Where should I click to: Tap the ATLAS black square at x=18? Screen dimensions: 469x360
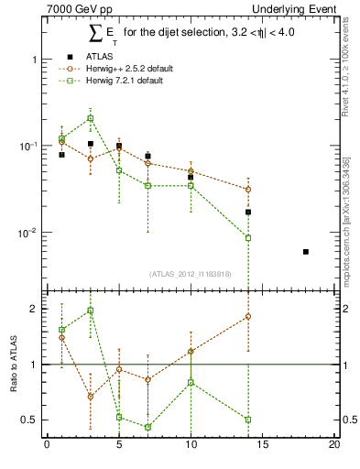[305, 252]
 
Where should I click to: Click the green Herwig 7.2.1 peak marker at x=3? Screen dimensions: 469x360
[91, 118]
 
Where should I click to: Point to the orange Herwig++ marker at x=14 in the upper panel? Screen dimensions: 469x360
[248, 190]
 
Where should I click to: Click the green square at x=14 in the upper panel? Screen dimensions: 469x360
[248, 238]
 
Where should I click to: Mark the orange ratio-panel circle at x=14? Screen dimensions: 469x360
[248, 316]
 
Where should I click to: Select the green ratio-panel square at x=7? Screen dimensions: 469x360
[147, 427]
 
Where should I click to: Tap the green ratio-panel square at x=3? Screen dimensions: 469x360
[91, 311]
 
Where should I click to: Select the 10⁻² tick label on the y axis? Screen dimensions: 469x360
[28, 234]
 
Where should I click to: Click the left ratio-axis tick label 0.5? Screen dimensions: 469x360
[29, 420]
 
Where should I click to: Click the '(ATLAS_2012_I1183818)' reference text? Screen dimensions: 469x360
[189, 272]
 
